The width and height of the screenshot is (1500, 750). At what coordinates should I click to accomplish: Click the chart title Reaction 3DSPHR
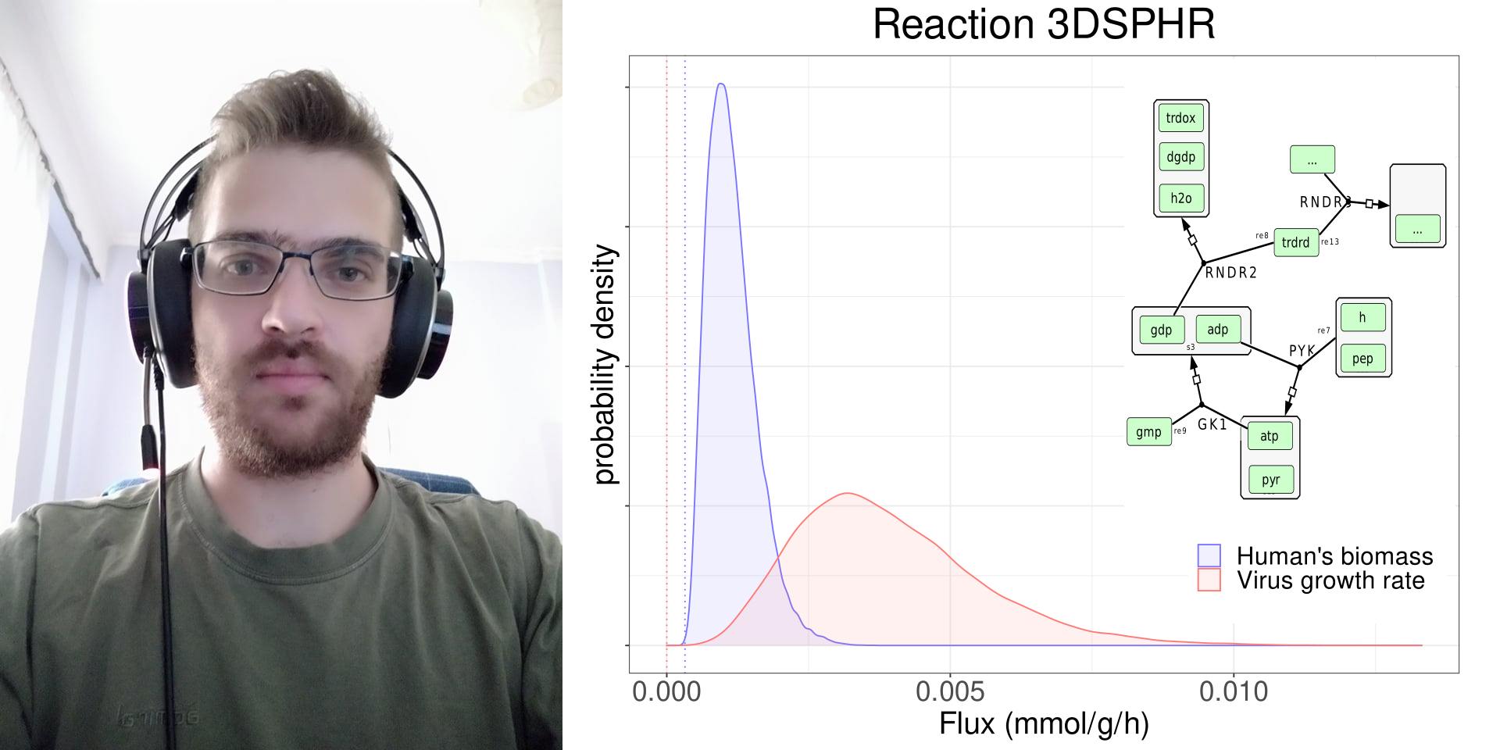pos(1044,24)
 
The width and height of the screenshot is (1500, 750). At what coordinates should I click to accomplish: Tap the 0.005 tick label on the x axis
pos(950,691)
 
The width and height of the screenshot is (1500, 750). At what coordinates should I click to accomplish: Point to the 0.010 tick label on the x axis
pos(1234,691)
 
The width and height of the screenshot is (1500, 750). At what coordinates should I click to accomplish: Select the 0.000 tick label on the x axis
pos(666,691)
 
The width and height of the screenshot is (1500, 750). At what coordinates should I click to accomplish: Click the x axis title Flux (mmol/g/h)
pos(1044,724)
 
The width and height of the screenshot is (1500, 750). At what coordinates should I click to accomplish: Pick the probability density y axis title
pos(605,364)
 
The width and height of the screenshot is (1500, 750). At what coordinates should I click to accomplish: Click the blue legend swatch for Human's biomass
pos(1209,555)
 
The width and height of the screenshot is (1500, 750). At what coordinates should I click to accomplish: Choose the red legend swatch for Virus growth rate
pos(1209,580)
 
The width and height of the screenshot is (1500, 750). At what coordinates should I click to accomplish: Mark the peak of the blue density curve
pos(721,84)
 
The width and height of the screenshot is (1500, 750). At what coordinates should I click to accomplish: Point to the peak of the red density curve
pos(848,493)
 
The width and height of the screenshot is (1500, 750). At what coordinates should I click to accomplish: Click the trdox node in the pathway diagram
pos(1180,118)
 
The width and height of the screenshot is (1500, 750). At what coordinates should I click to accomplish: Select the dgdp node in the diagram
pos(1180,157)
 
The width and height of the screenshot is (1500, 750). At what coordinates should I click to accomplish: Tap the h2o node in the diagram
pos(1180,198)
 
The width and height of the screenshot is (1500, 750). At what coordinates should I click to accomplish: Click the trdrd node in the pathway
pos(1295,242)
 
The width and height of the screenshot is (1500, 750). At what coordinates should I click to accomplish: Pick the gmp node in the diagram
pos(1148,432)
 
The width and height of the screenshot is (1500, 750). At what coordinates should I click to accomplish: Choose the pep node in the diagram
pos(1362,359)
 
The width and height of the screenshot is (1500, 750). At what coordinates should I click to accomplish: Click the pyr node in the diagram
pos(1270,480)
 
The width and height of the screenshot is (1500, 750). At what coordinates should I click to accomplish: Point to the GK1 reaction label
pos(1212,424)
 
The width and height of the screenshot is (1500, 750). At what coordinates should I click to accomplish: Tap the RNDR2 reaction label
pos(1230,273)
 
